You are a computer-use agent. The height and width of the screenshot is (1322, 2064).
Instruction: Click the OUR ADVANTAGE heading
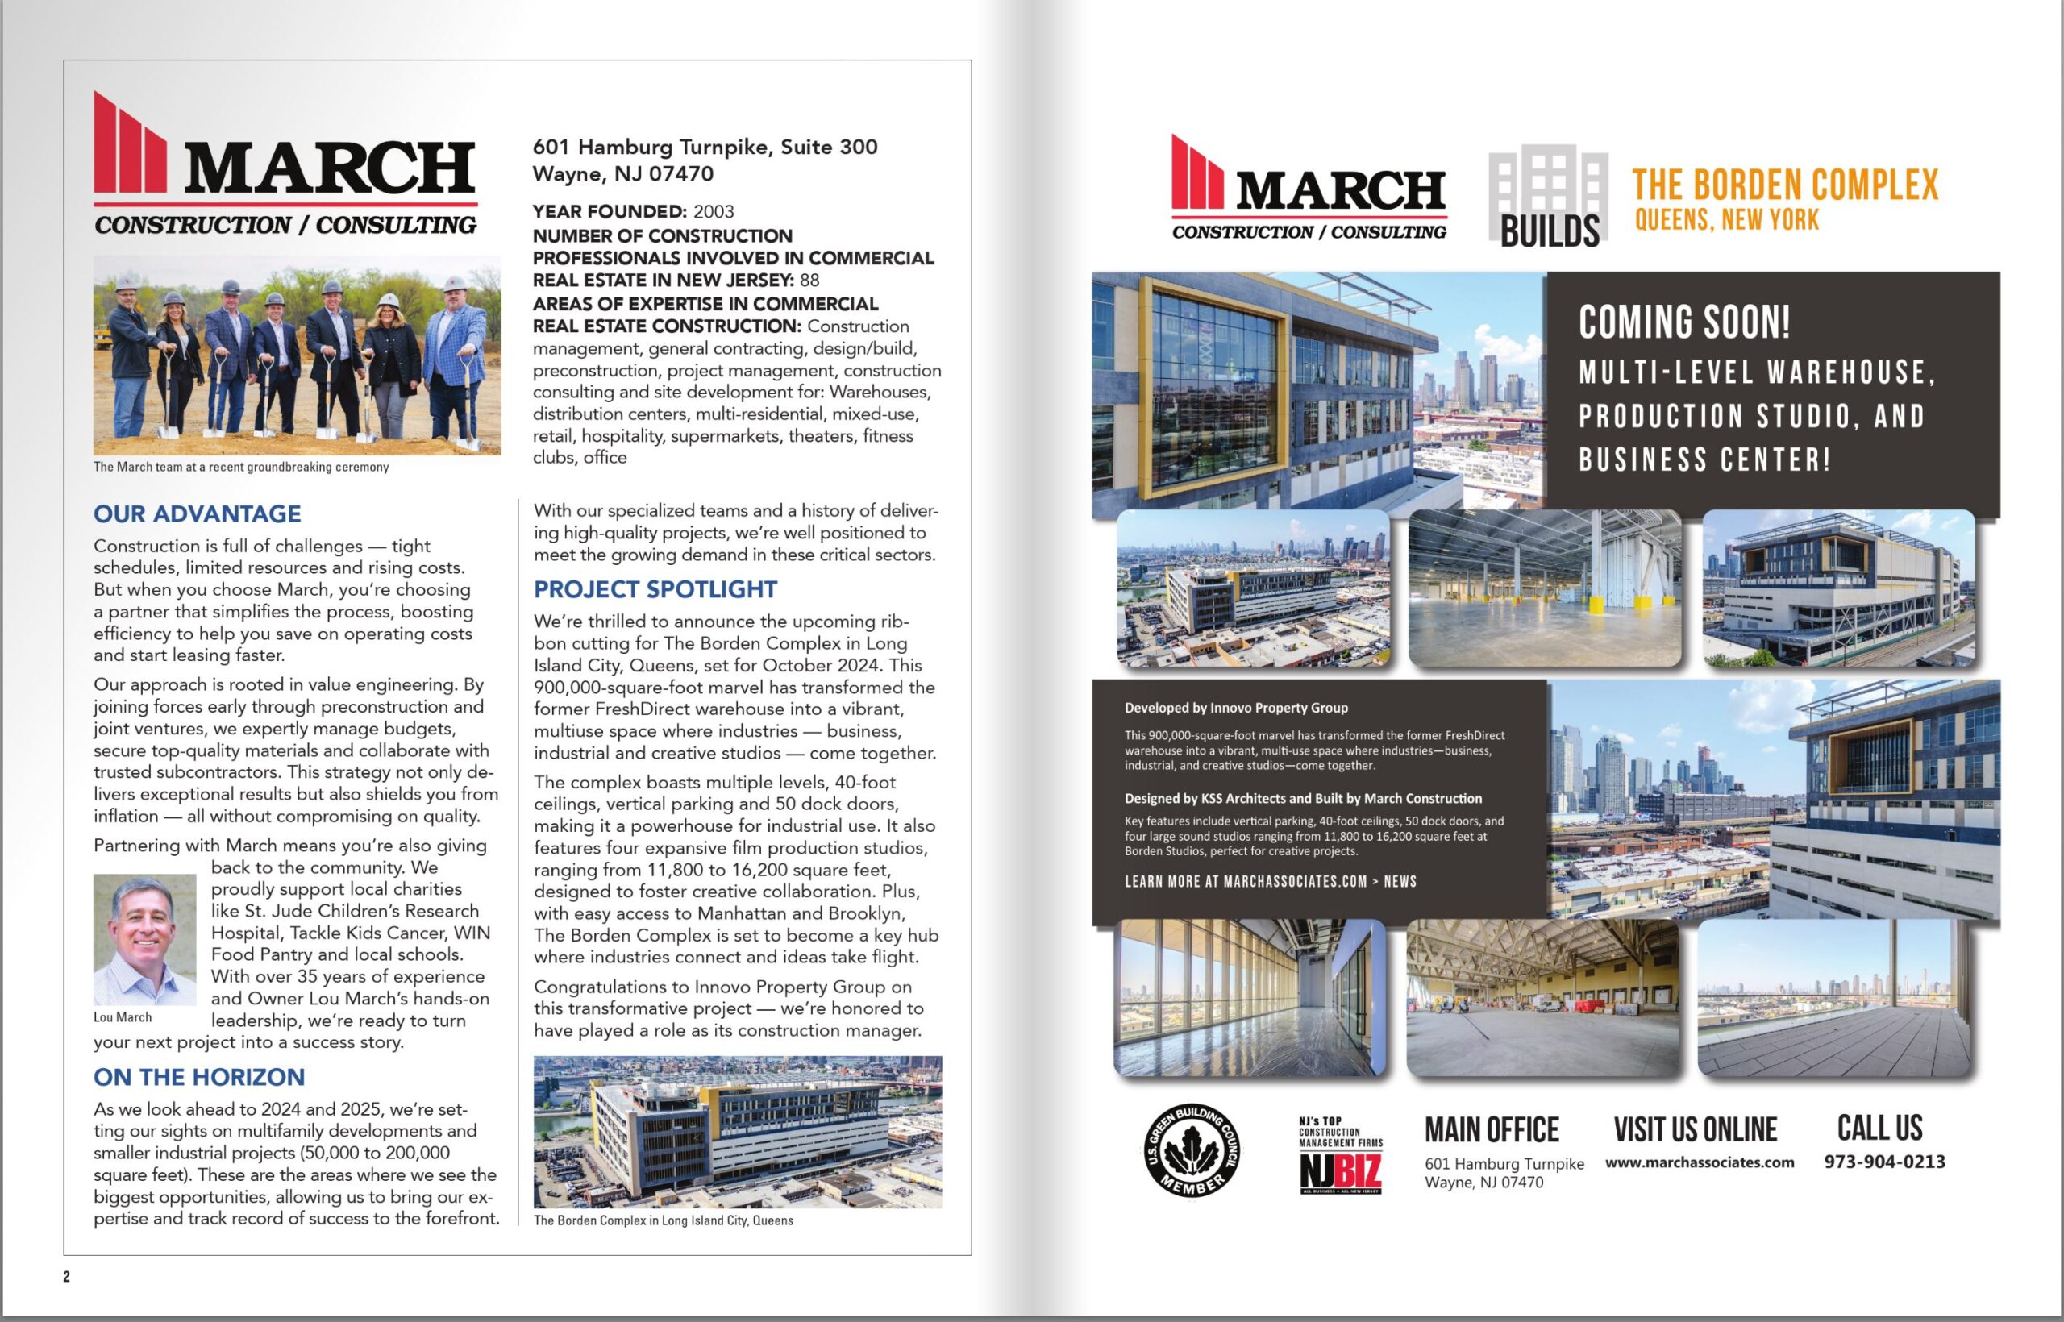197,513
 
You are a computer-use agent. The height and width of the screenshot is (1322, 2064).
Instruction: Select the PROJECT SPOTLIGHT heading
655,589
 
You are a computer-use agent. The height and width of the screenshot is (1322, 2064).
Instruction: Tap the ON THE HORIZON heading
198,1076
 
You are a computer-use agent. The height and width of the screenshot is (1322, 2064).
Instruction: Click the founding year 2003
714,211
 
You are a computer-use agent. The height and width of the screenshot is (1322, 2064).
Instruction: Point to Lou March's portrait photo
144,939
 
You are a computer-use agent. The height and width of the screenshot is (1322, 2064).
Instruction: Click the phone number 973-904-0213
1884,1162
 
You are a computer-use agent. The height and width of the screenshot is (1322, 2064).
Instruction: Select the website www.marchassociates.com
1699,1162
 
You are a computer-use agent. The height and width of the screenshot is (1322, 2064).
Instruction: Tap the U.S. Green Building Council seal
1192,1151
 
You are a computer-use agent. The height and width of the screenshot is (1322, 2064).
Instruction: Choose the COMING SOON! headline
1684,322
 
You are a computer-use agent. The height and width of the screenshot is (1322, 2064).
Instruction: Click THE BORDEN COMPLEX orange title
1785,185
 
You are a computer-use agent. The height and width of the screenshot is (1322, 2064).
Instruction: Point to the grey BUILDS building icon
1548,196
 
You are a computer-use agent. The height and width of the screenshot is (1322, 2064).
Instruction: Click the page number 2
66,1277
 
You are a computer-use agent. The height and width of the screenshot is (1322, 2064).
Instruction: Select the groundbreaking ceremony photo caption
241,467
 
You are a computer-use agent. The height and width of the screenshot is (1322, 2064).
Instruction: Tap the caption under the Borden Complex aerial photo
663,1220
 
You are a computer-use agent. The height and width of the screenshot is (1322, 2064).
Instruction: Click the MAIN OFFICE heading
1492,1129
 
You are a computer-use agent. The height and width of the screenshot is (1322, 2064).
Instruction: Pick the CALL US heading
1879,1127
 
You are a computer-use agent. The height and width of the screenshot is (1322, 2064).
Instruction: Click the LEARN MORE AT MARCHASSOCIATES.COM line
1270,882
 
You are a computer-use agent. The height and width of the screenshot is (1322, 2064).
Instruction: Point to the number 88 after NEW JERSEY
809,280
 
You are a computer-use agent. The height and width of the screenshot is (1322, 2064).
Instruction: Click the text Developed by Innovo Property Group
1235,709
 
